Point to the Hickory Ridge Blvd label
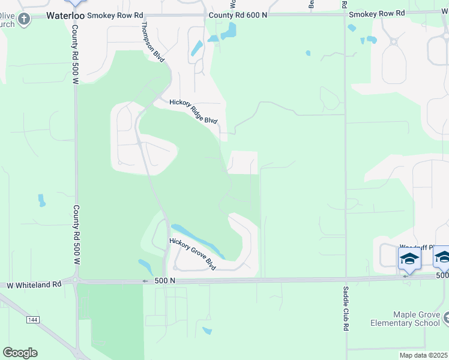pyautogui.click(x=193, y=112)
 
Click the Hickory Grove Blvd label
pyautogui.click(x=192, y=254)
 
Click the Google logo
pyautogui.click(x=20, y=353)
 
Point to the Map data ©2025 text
pyautogui.click(x=424, y=355)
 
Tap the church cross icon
pyautogui.click(x=23, y=19)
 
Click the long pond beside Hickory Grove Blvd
pyautogui.click(x=197, y=240)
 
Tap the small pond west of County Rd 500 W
pyautogui.click(x=41, y=200)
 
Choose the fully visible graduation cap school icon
pyautogui.click(x=409, y=259)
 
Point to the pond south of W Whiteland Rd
pyautogui.click(x=207, y=331)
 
